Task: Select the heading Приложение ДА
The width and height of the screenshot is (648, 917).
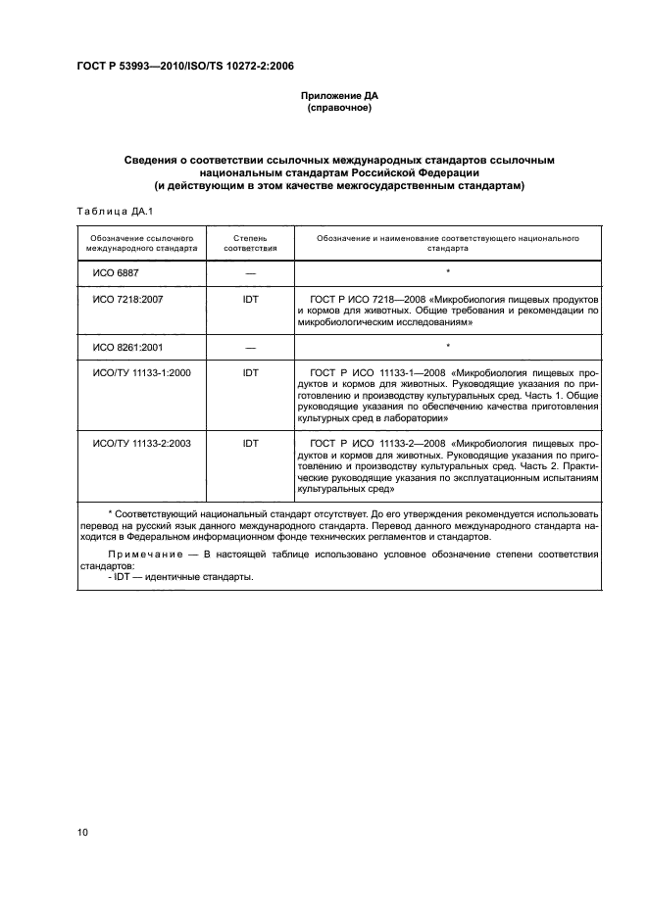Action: click(338, 96)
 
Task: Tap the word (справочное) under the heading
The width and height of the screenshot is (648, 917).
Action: click(338, 108)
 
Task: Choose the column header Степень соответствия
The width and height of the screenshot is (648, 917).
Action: click(250, 243)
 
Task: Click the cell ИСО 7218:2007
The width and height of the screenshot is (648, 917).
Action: click(127, 298)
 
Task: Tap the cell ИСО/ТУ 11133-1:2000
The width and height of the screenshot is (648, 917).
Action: click(141, 373)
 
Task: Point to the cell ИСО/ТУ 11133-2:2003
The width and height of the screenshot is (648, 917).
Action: click(141, 443)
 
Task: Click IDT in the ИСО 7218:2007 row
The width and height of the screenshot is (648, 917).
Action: click(250, 298)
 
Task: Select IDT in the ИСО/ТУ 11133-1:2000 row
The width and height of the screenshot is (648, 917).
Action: click(250, 373)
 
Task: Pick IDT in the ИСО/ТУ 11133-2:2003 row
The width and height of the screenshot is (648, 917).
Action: click(250, 443)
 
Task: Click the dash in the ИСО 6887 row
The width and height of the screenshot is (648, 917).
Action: click(250, 272)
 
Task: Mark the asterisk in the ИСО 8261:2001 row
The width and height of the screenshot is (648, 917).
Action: click(447, 347)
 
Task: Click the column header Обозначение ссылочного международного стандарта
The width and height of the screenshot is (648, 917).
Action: click(141, 243)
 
